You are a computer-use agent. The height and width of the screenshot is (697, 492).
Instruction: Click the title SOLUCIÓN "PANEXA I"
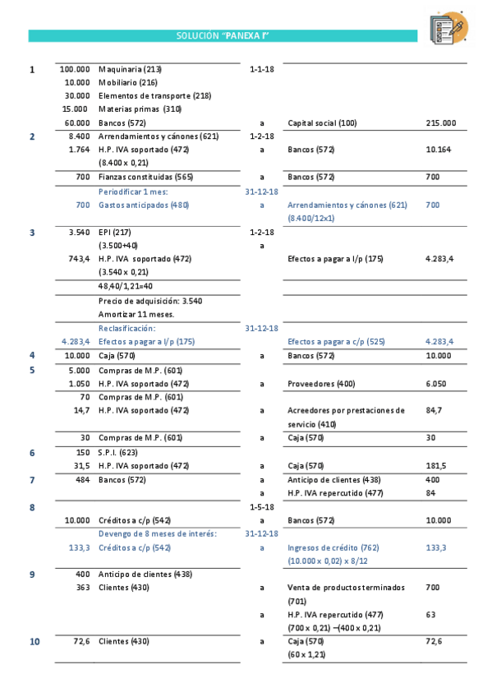tap(223, 36)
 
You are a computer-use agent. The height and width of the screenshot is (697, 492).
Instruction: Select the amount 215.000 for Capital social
tap(440, 123)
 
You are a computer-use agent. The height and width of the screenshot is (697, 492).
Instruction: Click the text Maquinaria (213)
tap(130, 70)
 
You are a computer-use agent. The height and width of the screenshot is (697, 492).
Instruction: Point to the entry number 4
tap(32, 356)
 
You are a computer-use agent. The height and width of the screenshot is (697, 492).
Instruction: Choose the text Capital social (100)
tap(322, 123)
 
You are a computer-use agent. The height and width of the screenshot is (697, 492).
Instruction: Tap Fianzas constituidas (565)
tap(145, 177)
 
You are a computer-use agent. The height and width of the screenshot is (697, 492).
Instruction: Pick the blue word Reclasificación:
tap(126, 328)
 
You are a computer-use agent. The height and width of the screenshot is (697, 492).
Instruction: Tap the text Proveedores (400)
tap(321, 383)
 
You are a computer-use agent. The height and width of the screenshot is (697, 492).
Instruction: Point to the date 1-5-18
tap(261, 507)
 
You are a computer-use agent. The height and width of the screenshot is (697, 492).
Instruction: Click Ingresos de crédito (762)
tap(332, 547)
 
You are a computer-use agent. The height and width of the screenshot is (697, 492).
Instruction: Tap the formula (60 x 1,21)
tap(307, 654)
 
